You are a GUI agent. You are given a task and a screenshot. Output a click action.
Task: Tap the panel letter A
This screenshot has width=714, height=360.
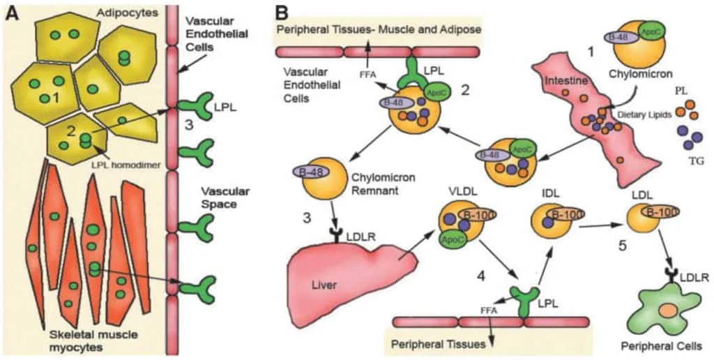pos(12,14)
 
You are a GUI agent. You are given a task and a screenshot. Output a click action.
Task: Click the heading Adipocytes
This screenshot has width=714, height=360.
pos(128,13)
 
